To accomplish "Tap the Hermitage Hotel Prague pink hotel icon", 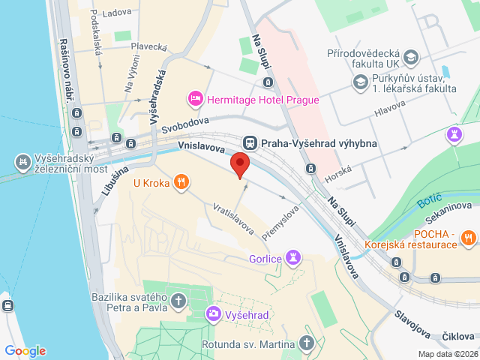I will (195, 98).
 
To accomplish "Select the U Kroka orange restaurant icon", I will (181, 181).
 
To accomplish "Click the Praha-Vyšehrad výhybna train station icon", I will (249, 142).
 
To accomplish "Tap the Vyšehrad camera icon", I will (214, 314).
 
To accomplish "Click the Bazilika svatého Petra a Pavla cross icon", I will (178, 301).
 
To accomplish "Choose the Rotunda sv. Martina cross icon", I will (306, 343).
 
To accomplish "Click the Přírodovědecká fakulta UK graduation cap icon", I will (410, 56).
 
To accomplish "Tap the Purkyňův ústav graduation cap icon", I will (361, 81).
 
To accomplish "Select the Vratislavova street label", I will (232, 217).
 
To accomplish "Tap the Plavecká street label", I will (148, 46).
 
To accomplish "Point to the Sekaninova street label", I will (447, 205).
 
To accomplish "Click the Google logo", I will (25, 351).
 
